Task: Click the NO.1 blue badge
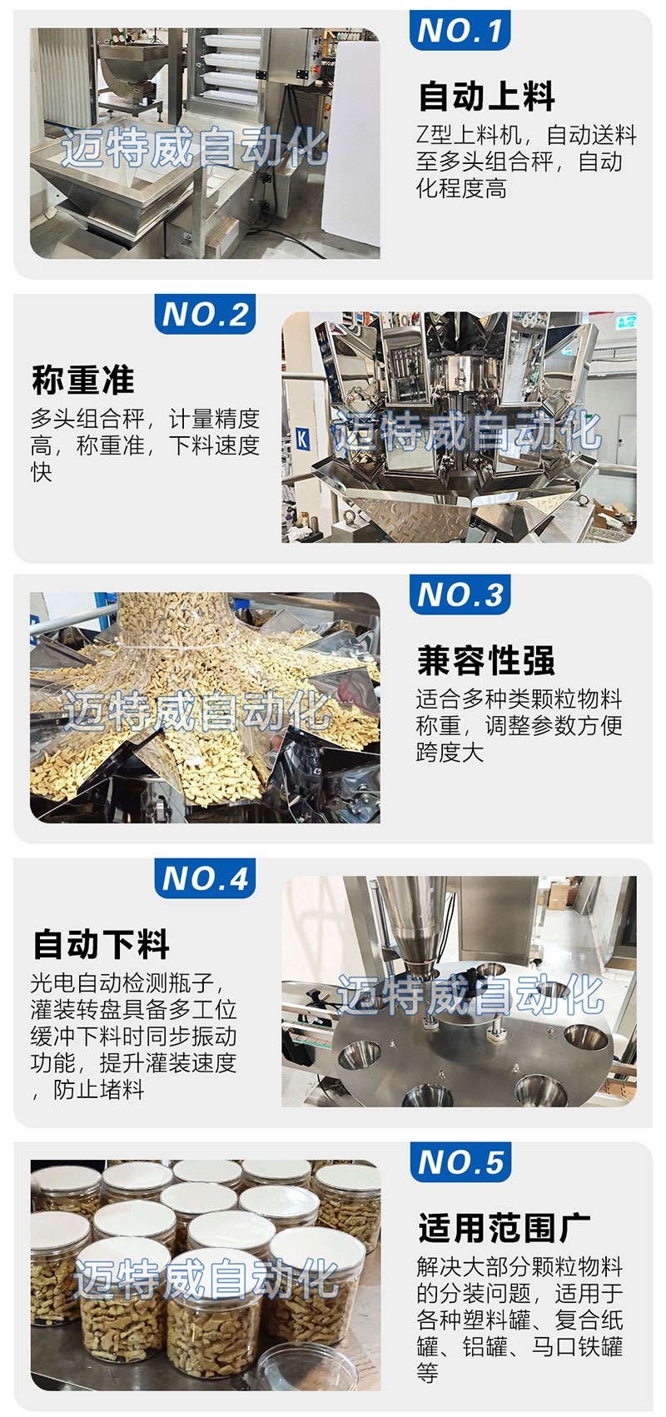(460, 30)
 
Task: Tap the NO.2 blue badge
(205, 314)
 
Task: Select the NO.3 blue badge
(460, 594)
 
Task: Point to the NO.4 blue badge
(205, 878)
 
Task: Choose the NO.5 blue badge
(460, 1162)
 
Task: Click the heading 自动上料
(487, 96)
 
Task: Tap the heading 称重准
(83, 380)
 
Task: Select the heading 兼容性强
(485, 660)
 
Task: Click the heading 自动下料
(102, 944)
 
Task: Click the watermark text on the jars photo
(206, 1278)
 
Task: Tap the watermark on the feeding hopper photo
(194, 147)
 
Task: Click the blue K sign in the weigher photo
(303, 439)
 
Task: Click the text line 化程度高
(461, 188)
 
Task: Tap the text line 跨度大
(450, 752)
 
